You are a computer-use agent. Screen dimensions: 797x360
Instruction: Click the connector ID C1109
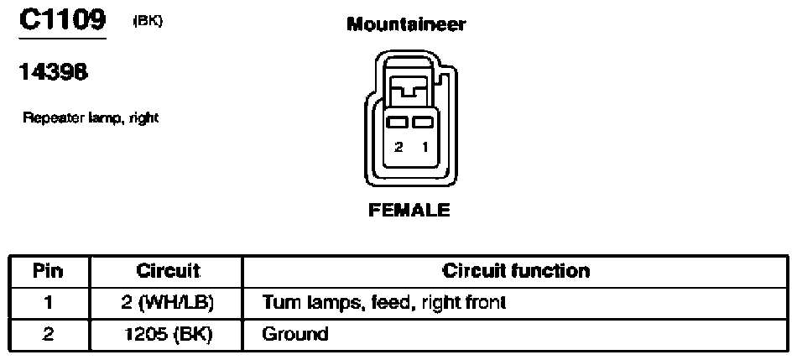(x=63, y=20)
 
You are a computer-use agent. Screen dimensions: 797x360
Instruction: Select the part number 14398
(x=54, y=72)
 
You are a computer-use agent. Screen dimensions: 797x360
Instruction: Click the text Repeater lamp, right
(x=91, y=118)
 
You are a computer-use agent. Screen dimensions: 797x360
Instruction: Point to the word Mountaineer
(x=405, y=23)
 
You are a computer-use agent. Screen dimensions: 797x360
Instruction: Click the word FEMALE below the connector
(x=409, y=210)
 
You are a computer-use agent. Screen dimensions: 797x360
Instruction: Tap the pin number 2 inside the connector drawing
(x=399, y=147)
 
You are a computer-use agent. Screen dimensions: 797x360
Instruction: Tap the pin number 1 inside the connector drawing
(x=425, y=147)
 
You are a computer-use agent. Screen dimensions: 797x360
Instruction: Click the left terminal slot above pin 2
(x=397, y=122)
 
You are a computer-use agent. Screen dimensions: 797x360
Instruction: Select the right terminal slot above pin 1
(x=422, y=122)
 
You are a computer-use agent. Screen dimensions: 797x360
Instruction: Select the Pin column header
(x=49, y=271)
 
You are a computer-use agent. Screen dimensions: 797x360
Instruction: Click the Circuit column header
(x=167, y=271)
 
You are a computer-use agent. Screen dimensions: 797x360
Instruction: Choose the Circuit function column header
(x=515, y=271)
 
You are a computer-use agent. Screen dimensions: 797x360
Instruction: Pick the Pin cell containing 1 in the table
(x=49, y=303)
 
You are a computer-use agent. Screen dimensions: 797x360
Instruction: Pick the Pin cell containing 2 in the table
(x=49, y=335)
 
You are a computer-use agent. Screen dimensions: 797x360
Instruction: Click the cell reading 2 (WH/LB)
(x=167, y=303)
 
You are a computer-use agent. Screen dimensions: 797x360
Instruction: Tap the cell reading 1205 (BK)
(x=167, y=335)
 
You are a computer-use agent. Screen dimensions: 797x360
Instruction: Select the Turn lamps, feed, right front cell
(x=515, y=303)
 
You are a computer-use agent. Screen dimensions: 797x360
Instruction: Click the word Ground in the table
(x=294, y=335)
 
